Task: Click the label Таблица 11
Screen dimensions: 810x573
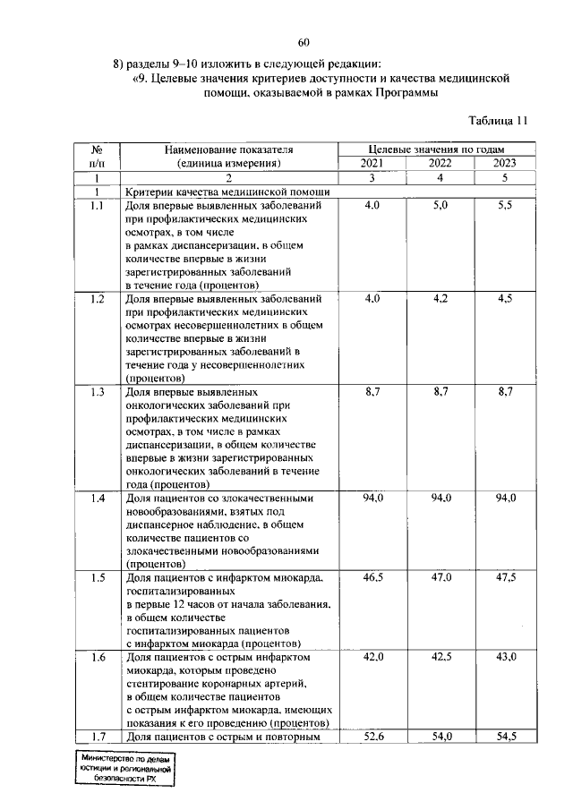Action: point(500,120)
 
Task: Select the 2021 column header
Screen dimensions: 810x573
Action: point(372,163)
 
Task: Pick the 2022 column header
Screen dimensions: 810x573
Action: point(440,163)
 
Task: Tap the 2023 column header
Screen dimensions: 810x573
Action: point(505,163)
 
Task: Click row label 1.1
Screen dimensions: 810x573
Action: point(98,206)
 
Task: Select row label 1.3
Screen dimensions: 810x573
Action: point(98,392)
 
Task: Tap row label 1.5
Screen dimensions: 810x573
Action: point(98,578)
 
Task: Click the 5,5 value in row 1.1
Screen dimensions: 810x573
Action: point(505,206)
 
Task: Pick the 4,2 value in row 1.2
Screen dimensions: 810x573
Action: point(440,299)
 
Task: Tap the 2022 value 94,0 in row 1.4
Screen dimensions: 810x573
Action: point(440,498)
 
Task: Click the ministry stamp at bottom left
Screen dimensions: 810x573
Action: point(125,769)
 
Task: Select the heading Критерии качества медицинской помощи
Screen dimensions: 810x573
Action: point(228,192)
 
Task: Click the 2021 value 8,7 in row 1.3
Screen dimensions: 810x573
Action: point(372,392)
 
